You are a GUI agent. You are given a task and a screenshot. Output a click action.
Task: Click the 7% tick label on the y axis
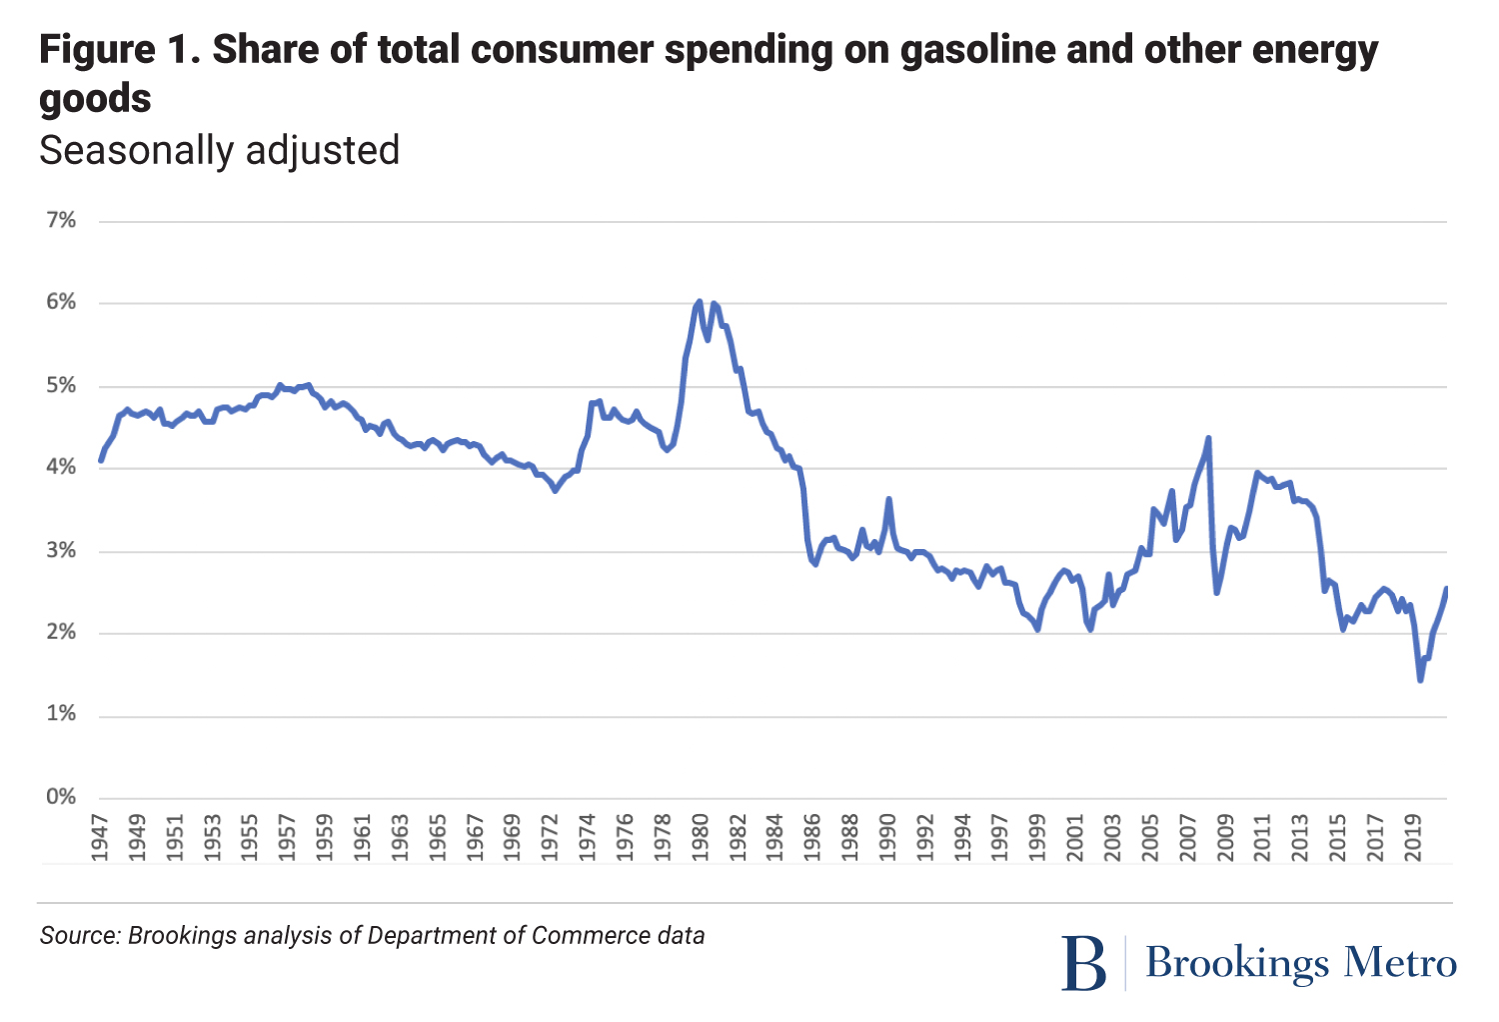coord(61,220)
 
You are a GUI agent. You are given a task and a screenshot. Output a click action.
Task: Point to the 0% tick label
coord(61,797)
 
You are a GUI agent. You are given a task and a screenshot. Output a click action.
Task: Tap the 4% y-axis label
coord(61,467)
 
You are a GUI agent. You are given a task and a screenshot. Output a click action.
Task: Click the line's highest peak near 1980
coord(699,301)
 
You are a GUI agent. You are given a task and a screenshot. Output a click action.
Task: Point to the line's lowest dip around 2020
coord(1420,680)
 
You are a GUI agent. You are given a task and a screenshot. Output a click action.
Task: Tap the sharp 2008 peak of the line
coord(1209,438)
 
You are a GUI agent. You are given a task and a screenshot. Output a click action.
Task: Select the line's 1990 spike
coord(888,499)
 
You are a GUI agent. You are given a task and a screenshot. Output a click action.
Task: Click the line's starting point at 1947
coord(101,461)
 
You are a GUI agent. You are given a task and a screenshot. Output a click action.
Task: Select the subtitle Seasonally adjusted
coord(219,150)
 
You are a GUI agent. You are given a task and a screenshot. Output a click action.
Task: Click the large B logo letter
coord(1084,963)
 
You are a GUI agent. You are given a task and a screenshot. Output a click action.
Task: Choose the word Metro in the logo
coord(1400,962)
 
